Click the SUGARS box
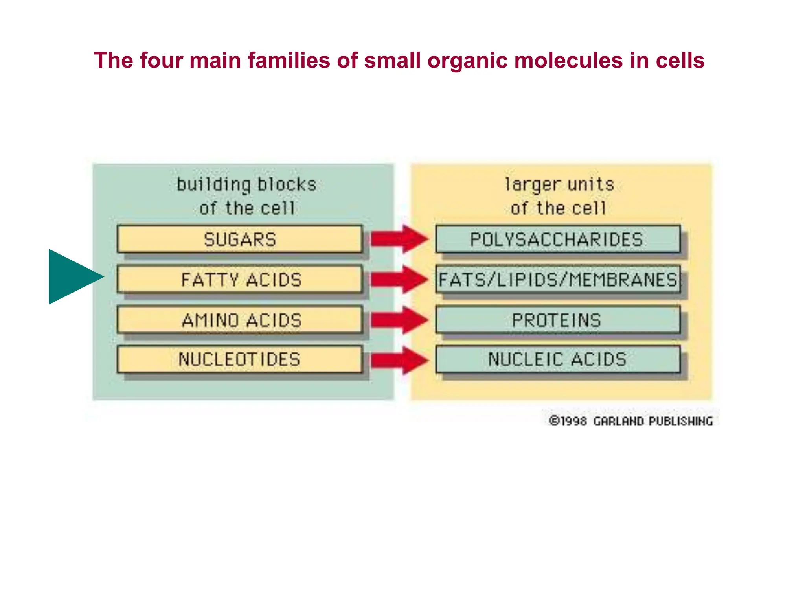point(240,239)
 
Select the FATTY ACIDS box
point(240,280)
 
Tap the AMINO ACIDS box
point(240,320)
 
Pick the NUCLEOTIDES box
point(240,359)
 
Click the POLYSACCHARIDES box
point(557,239)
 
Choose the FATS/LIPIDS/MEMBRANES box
point(557,280)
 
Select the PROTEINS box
point(557,320)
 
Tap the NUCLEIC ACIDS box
point(557,359)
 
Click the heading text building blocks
point(246,185)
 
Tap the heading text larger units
point(559,185)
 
